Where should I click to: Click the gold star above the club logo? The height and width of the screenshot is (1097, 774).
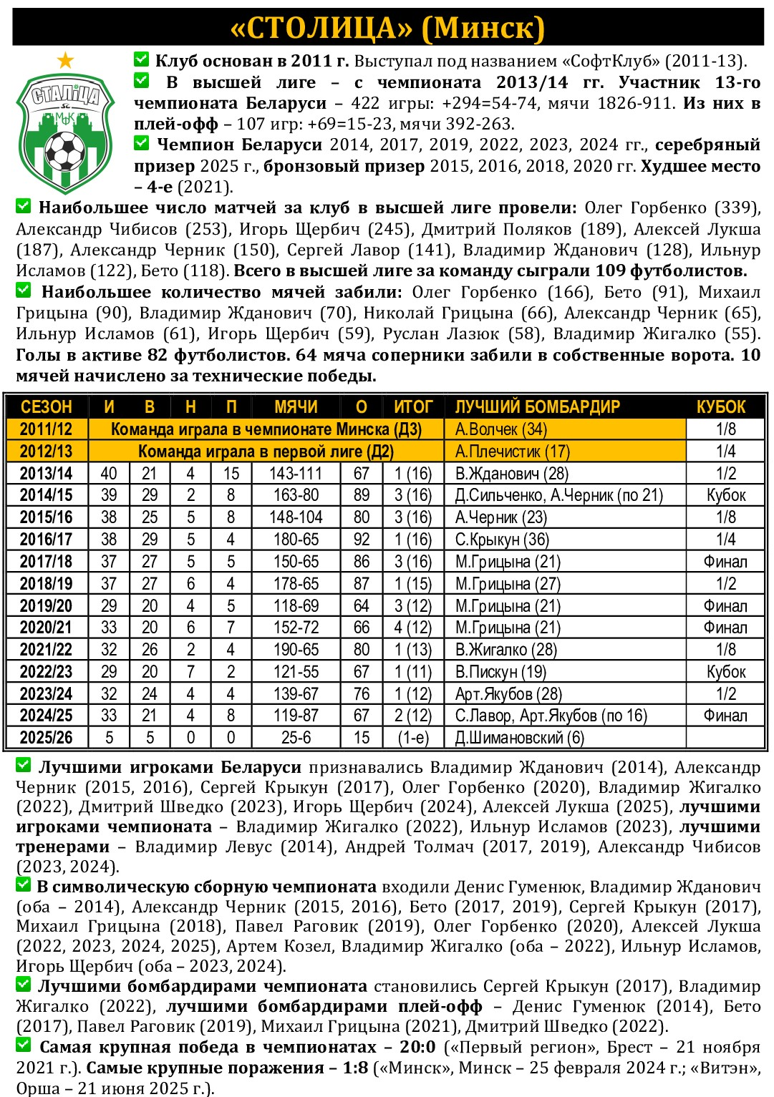(65, 60)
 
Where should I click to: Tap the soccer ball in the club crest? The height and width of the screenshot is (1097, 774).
(65, 151)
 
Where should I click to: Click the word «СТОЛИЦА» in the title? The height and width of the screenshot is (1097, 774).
(321, 28)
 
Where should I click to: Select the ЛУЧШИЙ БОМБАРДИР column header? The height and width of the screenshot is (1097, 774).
(537, 407)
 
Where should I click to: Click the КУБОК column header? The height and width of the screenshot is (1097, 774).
(721, 407)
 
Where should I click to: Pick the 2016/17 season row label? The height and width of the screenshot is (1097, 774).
(46, 540)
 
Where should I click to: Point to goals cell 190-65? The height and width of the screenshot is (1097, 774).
(296, 650)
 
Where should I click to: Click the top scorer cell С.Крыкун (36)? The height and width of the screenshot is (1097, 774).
(502, 540)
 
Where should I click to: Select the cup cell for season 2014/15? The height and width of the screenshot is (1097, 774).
(726, 495)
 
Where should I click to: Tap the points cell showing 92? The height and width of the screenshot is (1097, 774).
(362, 540)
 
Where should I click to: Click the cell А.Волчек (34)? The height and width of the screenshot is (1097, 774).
(500, 429)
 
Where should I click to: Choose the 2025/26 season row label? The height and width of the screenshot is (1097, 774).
(46, 738)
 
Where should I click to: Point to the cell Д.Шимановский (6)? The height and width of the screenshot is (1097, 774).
(519, 738)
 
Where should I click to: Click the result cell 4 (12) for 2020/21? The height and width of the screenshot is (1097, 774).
(413, 628)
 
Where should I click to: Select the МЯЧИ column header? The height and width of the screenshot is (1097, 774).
(296, 407)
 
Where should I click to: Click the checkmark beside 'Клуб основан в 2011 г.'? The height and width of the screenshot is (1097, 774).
(142, 59)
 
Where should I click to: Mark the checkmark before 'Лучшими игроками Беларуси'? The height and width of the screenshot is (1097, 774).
(24, 766)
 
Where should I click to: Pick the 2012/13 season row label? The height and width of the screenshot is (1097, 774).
(46, 452)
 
